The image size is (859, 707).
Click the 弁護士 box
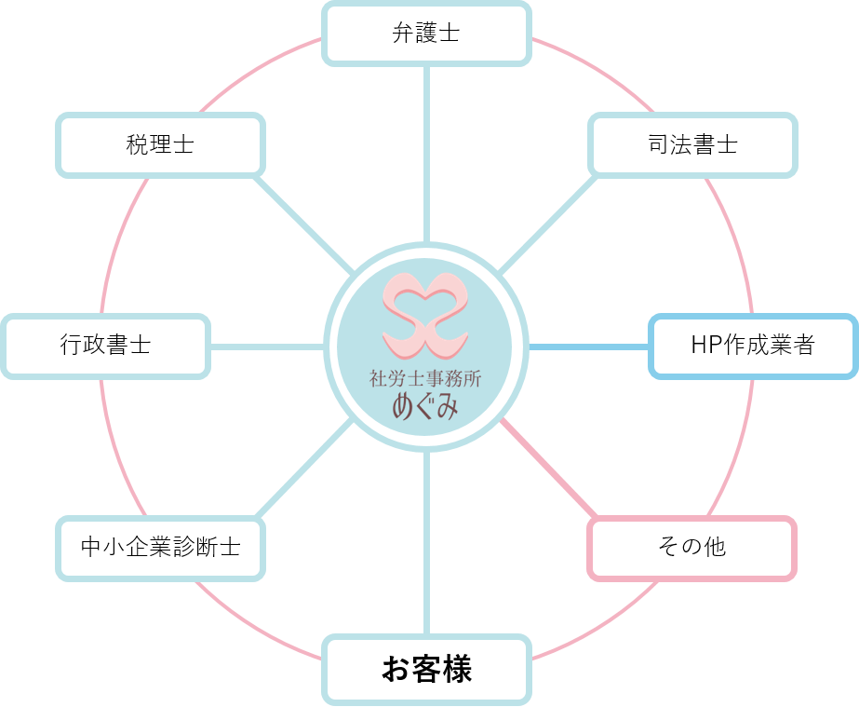click(x=426, y=34)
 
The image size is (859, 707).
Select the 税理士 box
click(x=160, y=145)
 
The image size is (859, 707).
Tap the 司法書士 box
click(x=693, y=145)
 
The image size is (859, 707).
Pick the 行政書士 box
click(x=105, y=346)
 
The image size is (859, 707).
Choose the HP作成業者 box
click(x=752, y=346)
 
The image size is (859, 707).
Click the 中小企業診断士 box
click(x=160, y=547)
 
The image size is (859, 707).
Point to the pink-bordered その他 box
click(x=691, y=547)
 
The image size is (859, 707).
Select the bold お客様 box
click(x=426, y=669)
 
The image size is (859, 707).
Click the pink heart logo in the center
click(x=427, y=313)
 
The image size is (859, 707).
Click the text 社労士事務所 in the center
click(x=427, y=379)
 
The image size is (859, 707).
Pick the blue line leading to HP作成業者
click(x=589, y=347)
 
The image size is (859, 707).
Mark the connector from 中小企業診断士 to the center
click(x=302, y=470)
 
